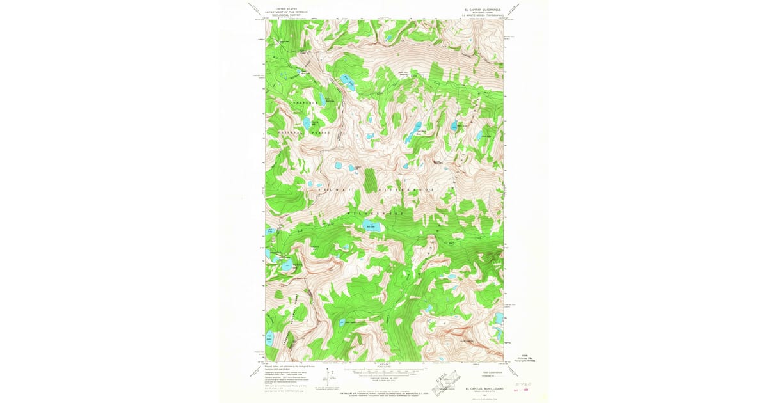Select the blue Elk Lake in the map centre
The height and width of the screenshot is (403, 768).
[371, 226]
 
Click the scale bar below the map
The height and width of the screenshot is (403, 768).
[384, 370]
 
